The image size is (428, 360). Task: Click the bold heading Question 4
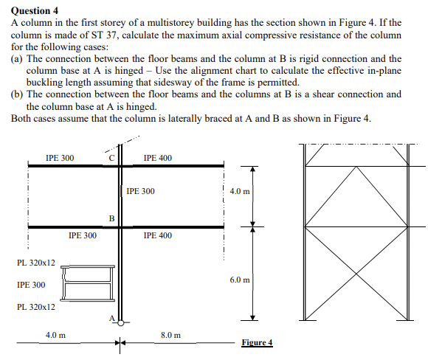35,10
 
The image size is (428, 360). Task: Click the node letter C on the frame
111,157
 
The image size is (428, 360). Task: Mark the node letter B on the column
111,218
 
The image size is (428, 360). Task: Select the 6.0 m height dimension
240,280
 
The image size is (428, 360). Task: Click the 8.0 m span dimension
171,335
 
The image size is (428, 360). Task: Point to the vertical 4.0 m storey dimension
240,191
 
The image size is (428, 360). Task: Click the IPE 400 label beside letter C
157,157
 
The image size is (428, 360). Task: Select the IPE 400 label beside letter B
157,235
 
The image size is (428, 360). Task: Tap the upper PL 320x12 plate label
35,262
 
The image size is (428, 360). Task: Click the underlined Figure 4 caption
257,342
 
